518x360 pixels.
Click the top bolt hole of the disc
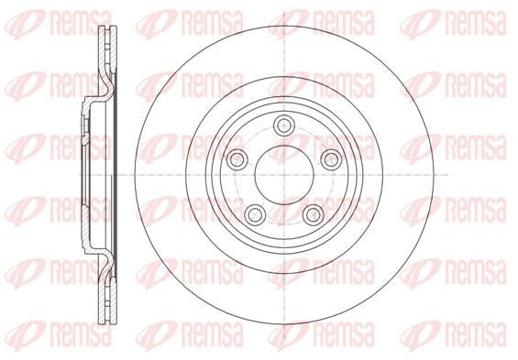click(x=284, y=125)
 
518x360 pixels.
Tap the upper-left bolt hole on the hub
click(x=237, y=159)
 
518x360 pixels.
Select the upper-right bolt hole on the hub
click(x=331, y=159)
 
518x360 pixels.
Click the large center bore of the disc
click(x=284, y=175)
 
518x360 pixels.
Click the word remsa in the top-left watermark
click(x=81, y=24)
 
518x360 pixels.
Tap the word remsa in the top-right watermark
click(x=477, y=24)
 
